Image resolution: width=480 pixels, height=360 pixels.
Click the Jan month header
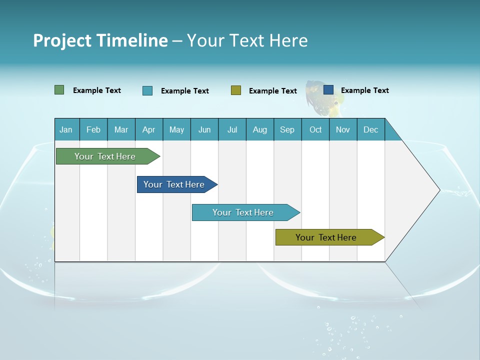pyautogui.click(x=66, y=129)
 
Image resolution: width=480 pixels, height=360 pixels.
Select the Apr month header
pyautogui.click(x=148, y=129)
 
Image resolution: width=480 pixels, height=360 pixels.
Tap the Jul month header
pyautogui.click(x=232, y=129)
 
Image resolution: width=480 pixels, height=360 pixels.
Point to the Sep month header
pyautogui.click(x=287, y=129)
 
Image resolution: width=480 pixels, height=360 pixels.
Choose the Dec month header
pyautogui.click(x=370, y=129)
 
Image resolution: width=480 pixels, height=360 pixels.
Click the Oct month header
pyautogui.click(x=315, y=129)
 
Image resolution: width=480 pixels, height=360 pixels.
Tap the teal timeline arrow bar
pyautogui.click(x=243, y=212)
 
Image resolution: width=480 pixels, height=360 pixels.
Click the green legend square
pyautogui.click(x=59, y=90)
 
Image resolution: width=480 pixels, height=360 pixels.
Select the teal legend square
pyautogui.click(x=147, y=90)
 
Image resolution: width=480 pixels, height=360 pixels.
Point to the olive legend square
pyautogui.click(x=236, y=90)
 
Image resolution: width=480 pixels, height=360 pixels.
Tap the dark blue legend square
pyautogui.click(x=328, y=90)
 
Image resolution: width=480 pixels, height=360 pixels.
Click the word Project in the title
pyautogui.click(x=61, y=40)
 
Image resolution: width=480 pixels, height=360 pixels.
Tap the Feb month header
pyautogui.click(x=93, y=129)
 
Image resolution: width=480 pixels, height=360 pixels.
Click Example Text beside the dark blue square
pyautogui.click(x=364, y=90)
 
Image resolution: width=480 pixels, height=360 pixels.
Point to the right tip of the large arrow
pyautogui.click(x=438, y=190)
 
